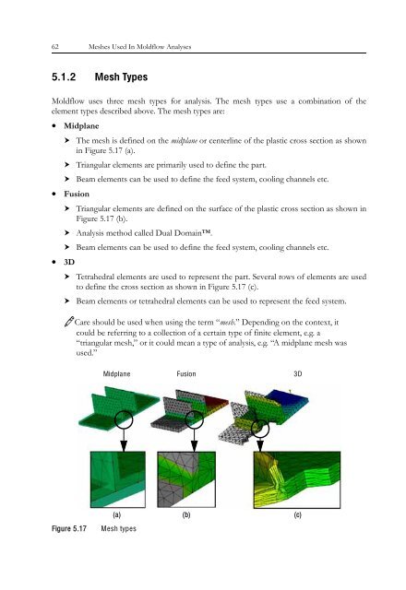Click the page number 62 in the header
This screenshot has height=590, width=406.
[55, 47]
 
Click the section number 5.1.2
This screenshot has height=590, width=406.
[64, 77]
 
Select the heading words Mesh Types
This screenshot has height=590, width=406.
[121, 77]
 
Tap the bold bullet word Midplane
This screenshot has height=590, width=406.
[81, 126]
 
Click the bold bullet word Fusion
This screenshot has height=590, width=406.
[77, 195]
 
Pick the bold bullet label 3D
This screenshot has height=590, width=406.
[69, 262]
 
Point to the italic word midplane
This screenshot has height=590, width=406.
[185, 141]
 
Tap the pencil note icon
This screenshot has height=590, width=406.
[69, 322]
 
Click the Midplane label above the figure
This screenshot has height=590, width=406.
[117, 374]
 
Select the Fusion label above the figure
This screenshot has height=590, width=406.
[186, 374]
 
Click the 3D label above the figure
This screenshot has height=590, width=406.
[297, 374]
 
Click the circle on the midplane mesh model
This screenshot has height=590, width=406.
[124, 411]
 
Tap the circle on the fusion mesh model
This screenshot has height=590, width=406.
[195, 411]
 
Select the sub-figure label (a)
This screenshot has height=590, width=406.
[117, 514]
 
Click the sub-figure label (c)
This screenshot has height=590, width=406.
[297, 514]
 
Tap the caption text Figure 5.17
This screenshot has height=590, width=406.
[69, 528]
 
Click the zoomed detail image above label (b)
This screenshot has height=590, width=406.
[186, 479]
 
